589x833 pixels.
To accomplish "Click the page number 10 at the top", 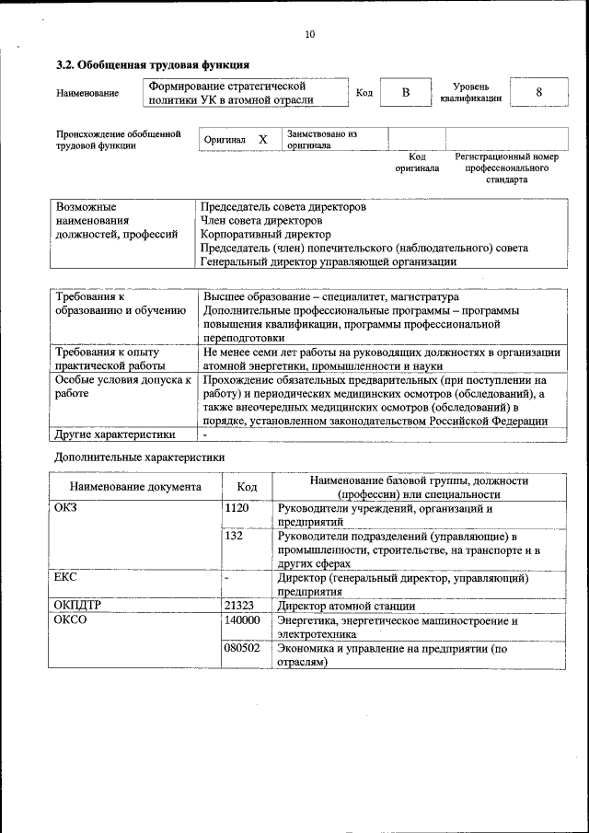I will (x=309, y=34).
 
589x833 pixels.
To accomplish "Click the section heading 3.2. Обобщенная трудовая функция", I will (x=152, y=65).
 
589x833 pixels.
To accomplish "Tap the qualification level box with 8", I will (x=537, y=93).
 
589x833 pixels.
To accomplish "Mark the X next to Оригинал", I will (x=262, y=139).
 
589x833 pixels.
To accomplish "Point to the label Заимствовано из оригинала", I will (x=321, y=139).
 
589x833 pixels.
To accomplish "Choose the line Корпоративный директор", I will (x=253, y=235).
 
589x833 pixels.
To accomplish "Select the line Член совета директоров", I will (x=261, y=221).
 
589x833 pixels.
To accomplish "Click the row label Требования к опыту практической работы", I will (x=109, y=359).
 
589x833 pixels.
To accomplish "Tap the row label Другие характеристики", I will (x=115, y=435).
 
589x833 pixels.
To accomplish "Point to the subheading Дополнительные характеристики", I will (x=139, y=457).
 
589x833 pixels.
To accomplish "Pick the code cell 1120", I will (x=237, y=508).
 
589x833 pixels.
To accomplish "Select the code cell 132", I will (x=234, y=536).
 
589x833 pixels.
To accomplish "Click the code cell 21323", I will (x=239, y=606).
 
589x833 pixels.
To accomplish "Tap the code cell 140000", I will (x=242, y=620).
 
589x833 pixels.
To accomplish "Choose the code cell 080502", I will (x=242, y=648).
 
